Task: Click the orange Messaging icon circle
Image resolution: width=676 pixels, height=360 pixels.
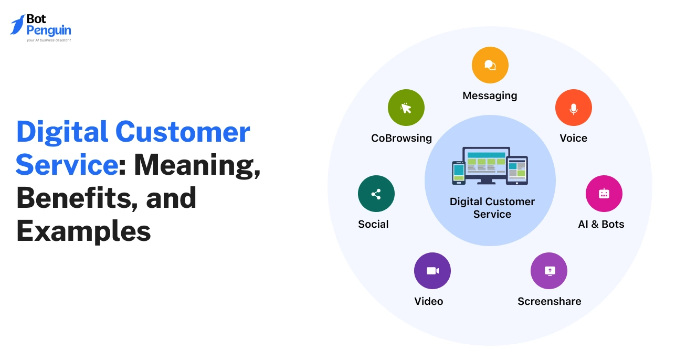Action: point(490,65)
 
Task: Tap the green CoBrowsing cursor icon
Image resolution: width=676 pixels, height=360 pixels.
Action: point(406,108)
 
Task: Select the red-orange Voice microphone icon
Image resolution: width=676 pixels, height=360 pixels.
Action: point(573,108)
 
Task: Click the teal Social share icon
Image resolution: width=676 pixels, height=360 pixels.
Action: point(376,194)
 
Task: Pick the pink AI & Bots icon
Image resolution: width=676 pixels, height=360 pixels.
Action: point(604,194)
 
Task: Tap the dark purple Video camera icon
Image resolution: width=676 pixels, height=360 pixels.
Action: point(432,271)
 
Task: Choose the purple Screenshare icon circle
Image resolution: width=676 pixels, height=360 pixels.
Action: point(549,271)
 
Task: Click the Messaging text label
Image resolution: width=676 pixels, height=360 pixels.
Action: point(490,96)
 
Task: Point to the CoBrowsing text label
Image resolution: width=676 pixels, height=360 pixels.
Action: point(402,138)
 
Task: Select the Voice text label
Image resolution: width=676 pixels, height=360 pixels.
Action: point(573,138)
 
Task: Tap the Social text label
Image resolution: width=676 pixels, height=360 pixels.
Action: point(373,224)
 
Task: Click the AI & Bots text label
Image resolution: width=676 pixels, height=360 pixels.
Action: point(601,224)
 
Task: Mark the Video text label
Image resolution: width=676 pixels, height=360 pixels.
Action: point(428,301)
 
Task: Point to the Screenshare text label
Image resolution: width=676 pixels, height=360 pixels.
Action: point(549,301)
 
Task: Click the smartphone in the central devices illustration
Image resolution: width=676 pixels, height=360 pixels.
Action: point(459,173)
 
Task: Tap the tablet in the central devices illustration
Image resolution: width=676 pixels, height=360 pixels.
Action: point(517,170)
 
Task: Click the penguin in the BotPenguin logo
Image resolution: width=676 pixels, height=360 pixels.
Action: point(18,25)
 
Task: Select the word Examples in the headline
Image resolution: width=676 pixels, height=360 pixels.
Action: point(83,231)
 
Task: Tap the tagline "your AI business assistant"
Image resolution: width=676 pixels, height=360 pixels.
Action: point(49,40)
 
